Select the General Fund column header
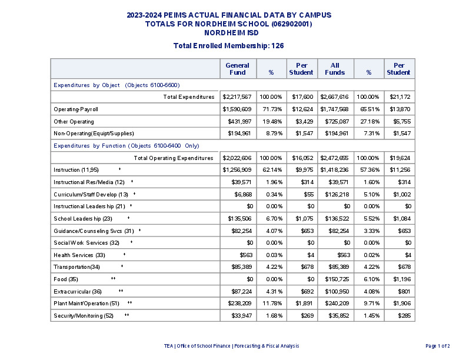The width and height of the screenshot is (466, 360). [237, 69]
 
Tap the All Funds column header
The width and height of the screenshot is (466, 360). [335, 69]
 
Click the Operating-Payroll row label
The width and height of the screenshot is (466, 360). [76, 109]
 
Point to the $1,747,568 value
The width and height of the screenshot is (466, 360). [334, 109]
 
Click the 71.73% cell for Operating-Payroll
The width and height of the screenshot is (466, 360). [272, 109]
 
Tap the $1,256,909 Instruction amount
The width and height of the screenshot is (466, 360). [238, 170]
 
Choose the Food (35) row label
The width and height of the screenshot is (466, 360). [66, 279]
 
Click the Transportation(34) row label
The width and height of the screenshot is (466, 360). [77, 267]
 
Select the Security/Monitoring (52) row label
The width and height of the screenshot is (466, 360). [84, 316]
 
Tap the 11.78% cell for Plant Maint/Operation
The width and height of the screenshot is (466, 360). [272, 304]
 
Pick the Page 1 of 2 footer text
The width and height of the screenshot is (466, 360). [437, 346]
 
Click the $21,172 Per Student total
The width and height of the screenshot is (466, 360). [399, 96]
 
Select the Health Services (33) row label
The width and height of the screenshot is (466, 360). [79, 255]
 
